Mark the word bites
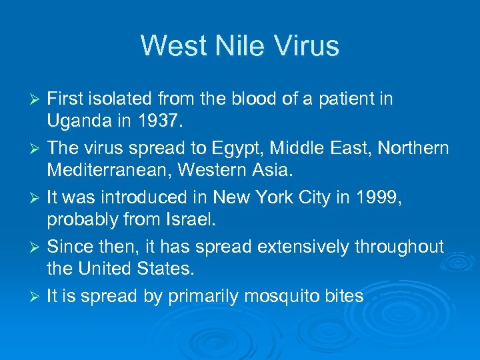pos(343,296)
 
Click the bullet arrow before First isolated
pos(37,99)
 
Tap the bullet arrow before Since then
pos(37,247)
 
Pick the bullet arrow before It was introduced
pos(37,198)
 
